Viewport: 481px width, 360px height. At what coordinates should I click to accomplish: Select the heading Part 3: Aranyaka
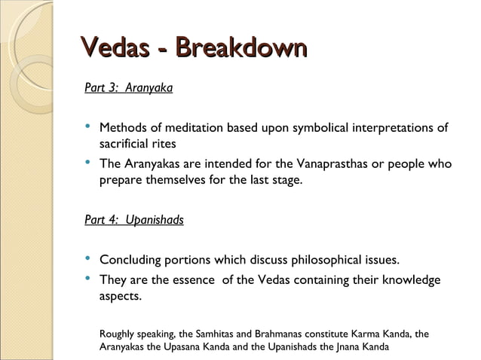pos(129,89)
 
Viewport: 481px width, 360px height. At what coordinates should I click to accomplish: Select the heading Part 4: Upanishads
pos(134,221)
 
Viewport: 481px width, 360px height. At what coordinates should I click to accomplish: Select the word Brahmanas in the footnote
pos(287,334)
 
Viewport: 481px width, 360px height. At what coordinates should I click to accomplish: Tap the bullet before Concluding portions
pos(89,259)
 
